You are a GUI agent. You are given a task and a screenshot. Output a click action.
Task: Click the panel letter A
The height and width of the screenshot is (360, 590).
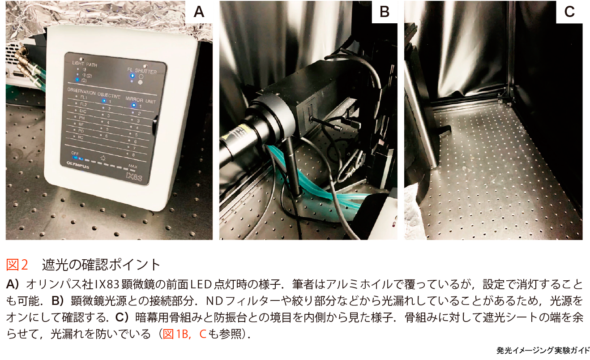pyautogui.click(x=199, y=12)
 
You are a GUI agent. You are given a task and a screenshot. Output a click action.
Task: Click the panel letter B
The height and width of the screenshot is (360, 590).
pyautogui.click(x=385, y=12)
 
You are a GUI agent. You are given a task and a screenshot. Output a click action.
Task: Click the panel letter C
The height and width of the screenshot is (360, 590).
pyautogui.click(x=569, y=12)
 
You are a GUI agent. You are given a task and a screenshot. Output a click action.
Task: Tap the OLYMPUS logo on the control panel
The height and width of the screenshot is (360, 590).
pyautogui.click(x=78, y=165)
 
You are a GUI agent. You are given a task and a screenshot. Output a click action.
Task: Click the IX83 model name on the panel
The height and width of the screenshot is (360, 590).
pyautogui.click(x=134, y=176)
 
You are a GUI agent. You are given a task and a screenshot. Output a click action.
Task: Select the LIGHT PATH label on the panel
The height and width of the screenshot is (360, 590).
pyautogui.click(x=85, y=64)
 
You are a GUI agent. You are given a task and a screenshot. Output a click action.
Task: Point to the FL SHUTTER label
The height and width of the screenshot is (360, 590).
pyautogui.click(x=142, y=71)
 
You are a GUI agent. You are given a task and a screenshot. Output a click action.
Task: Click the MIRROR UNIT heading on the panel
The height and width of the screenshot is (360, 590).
pyautogui.click(x=141, y=100)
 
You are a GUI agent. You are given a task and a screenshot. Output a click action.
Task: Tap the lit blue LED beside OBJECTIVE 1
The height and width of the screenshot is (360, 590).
pyautogui.click(x=104, y=101)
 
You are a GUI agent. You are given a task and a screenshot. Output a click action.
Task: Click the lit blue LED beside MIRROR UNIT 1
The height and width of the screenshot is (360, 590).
pyautogui.click(x=134, y=105)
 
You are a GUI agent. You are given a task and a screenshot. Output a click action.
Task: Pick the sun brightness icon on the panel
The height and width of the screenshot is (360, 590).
pyautogui.click(x=103, y=158)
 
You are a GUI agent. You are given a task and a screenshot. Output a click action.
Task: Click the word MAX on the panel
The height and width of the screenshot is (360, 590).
pyautogui.click(x=133, y=166)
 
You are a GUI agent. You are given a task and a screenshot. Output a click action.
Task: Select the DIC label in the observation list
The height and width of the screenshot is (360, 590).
pyautogui.click(x=83, y=111)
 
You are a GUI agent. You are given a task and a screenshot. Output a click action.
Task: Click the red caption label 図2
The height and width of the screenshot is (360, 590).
pyautogui.click(x=17, y=264)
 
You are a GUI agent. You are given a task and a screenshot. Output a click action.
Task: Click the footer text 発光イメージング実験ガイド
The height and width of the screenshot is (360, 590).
pyautogui.click(x=543, y=351)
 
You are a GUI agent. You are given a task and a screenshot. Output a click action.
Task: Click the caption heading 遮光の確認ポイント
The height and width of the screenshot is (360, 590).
pyautogui.click(x=102, y=265)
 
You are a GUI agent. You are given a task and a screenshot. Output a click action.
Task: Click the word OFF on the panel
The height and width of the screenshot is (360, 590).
pyautogui.click(x=75, y=153)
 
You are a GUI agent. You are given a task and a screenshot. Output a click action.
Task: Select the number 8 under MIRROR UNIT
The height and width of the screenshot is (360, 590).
pyautogui.click(x=133, y=154)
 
